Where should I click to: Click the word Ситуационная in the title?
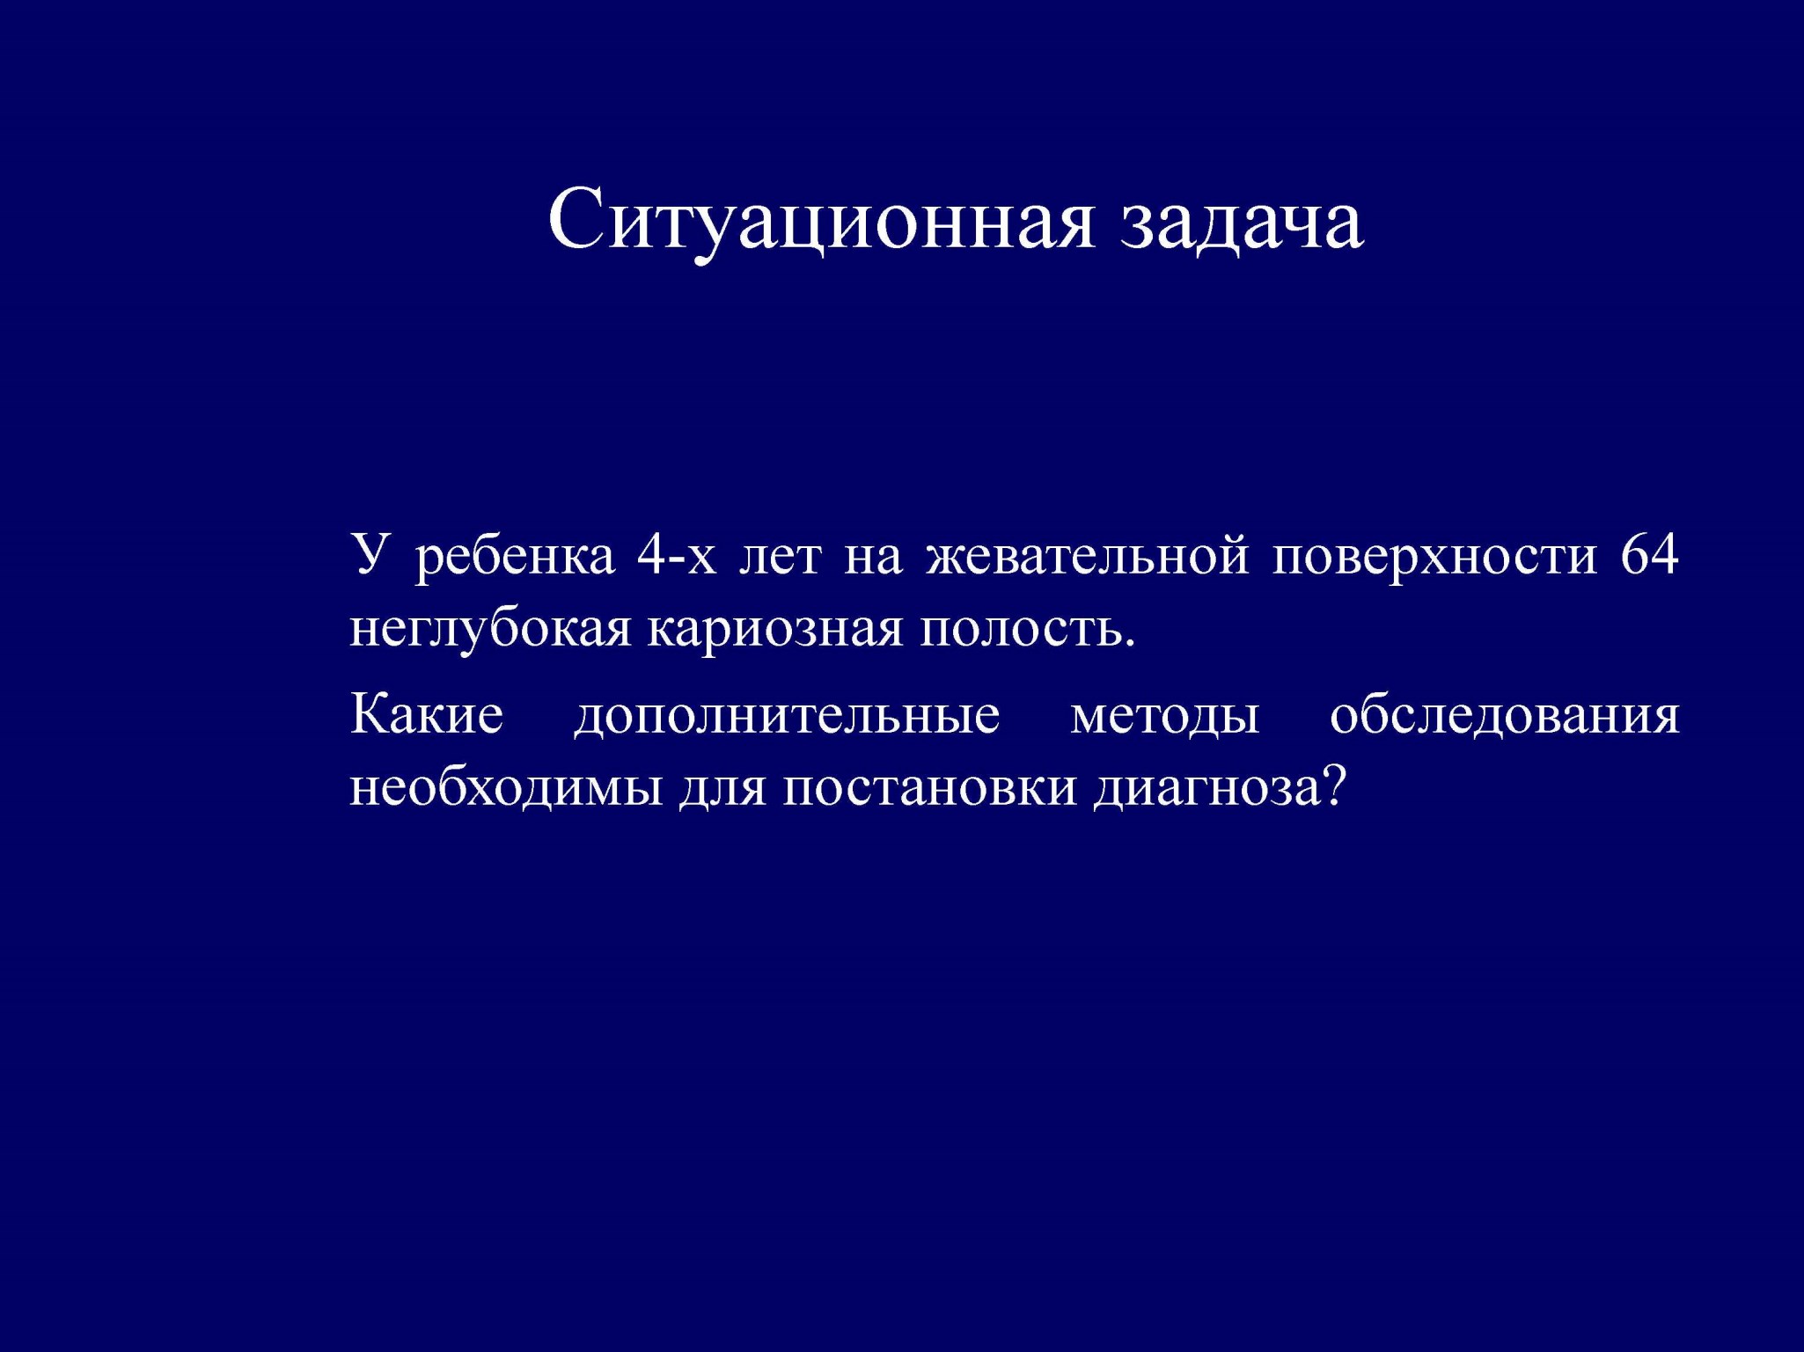[x=821, y=220]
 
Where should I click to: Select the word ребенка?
[x=515, y=558]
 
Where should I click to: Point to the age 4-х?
[x=677, y=554]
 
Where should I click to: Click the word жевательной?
[x=1088, y=554]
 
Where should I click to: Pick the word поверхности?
[x=1434, y=558]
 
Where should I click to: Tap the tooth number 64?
[x=1650, y=554]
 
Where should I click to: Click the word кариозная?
[x=775, y=631]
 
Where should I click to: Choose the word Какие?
[x=427, y=713]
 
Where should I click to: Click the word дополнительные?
[x=788, y=715]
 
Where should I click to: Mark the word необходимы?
[x=506, y=786]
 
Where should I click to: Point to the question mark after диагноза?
[x=1335, y=785]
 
